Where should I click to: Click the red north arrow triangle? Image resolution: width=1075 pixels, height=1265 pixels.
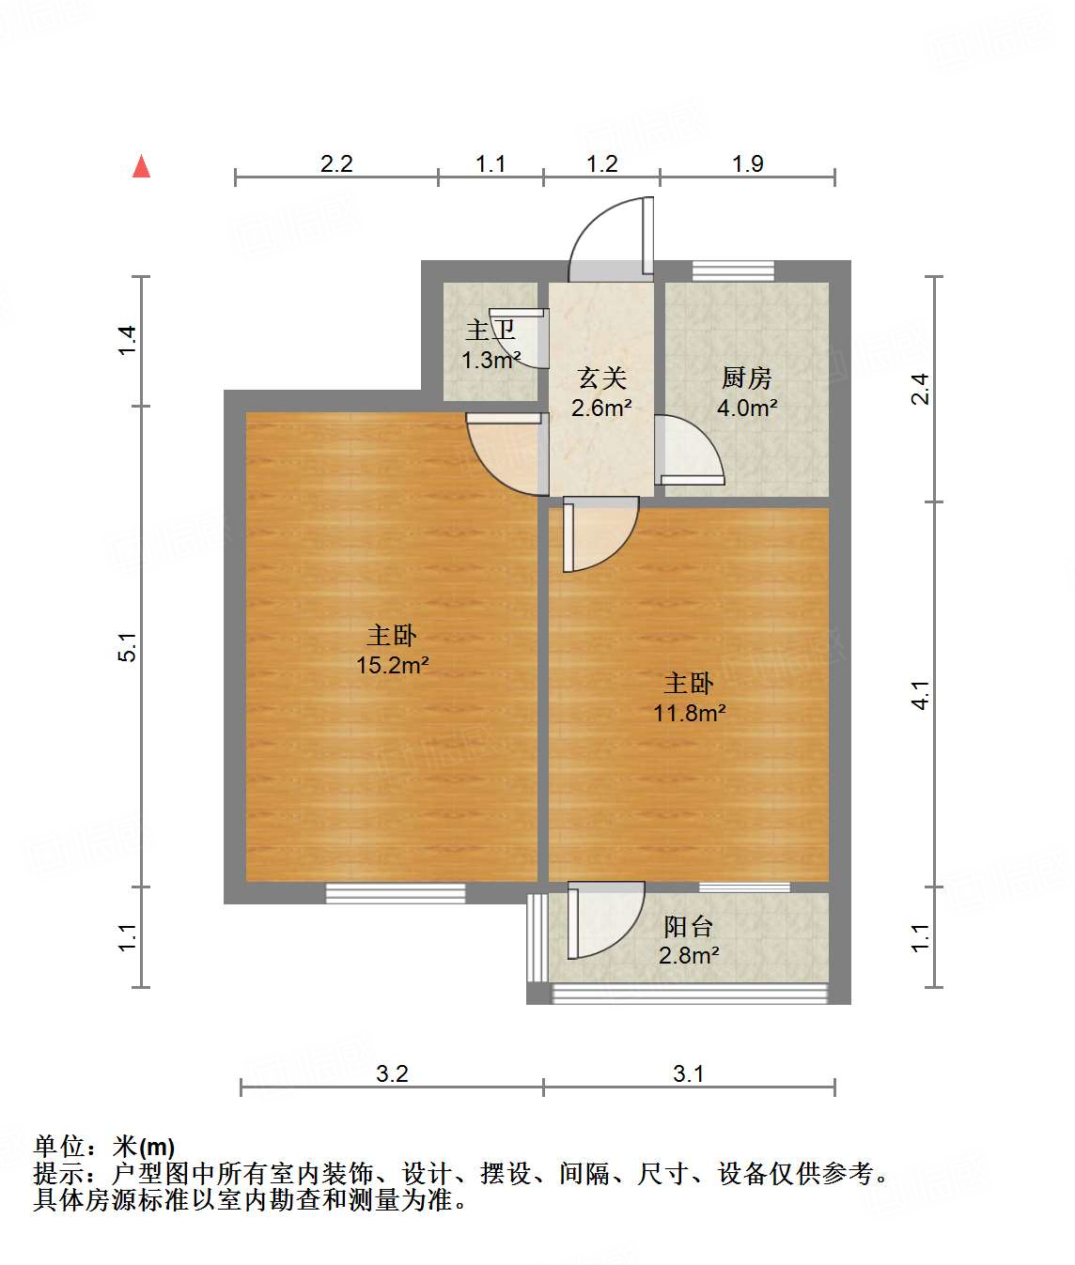pos(142,166)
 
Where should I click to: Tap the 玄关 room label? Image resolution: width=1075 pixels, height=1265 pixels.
pos(601,378)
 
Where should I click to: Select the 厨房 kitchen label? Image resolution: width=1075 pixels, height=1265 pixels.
pos(746,378)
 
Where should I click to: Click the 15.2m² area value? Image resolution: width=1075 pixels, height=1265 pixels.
pos(392,665)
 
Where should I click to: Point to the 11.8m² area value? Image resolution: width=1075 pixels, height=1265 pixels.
pos(689,713)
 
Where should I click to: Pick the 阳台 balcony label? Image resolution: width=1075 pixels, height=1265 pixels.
pos(689,927)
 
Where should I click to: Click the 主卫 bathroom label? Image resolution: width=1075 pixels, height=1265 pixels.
pos(491,331)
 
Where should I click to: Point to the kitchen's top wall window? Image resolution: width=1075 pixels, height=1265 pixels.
pos(733,271)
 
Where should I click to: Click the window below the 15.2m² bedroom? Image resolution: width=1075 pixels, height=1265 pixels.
pos(396,893)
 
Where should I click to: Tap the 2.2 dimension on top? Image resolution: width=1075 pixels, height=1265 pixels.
pos(335,163)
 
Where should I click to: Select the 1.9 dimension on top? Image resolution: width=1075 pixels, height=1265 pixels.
pos(747,163)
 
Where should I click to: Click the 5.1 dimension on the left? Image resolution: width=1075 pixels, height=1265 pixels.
pos(127,646)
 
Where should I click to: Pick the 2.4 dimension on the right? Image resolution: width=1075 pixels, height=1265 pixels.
pos(921,388)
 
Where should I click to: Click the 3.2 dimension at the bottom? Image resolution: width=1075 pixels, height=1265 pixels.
pos(392,1073)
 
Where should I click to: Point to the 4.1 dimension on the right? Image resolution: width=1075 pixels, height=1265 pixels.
pos(921,694)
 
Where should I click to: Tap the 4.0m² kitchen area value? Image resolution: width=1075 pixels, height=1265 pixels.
pos(746,408)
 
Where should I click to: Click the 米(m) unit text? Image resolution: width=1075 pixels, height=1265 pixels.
pos(144,1147)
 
